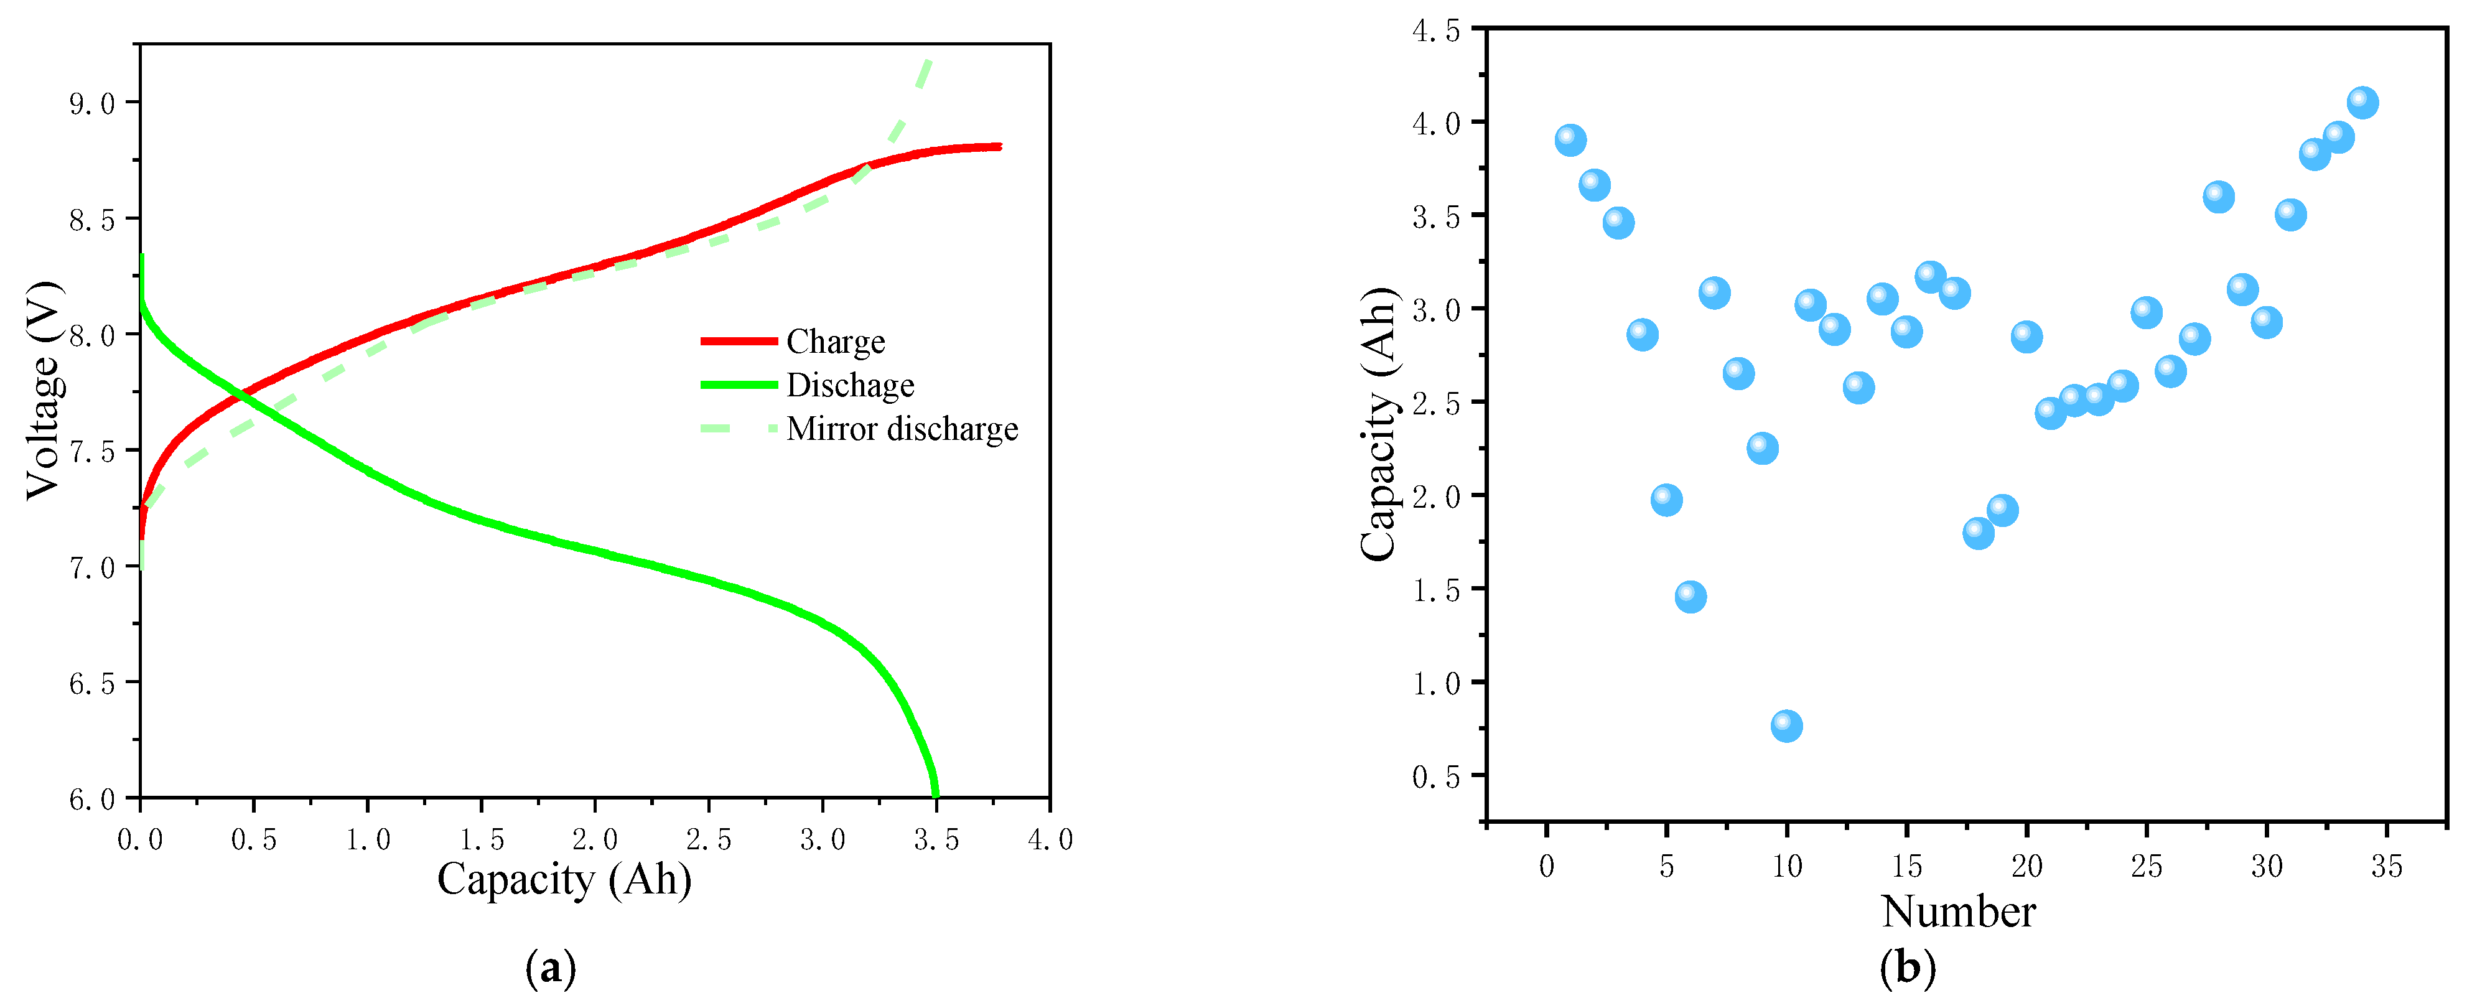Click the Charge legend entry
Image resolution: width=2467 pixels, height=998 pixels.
click(834, 342)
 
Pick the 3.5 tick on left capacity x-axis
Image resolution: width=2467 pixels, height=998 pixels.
click(936, 840)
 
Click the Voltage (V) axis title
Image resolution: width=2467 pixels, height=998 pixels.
click(43, 390)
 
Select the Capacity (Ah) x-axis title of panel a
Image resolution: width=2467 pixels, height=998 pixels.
click(564, 879)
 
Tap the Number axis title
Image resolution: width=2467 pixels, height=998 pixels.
click(1957, 912)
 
